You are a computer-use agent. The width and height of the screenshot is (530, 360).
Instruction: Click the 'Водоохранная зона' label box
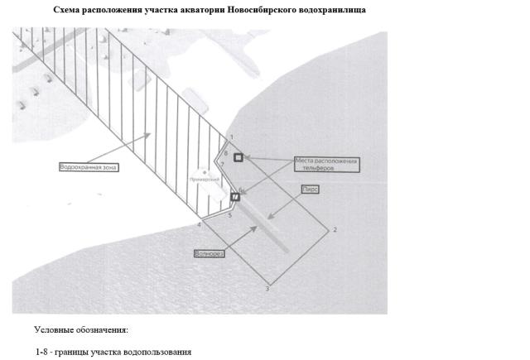tap(89, 167)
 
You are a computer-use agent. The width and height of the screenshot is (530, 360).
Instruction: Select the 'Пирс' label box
tap(311, 189)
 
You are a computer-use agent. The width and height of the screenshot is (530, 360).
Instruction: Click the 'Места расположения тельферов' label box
tap(328, 163)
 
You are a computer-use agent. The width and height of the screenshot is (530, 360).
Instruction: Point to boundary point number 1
tap(231, 137)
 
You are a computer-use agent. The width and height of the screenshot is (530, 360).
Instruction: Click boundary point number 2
tap(334, 228)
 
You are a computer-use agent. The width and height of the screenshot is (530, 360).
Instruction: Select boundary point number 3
tap(267, 288)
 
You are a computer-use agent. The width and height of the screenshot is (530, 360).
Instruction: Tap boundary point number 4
tap(200, 224)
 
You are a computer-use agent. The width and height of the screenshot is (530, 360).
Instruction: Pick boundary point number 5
tap(229, 215)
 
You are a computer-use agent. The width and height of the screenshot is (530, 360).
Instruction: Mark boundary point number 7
tap(223, 165)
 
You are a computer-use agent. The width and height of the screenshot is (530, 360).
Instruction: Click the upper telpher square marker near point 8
tap(238, 157)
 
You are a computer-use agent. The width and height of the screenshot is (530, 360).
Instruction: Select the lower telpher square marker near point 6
tap(234, 197)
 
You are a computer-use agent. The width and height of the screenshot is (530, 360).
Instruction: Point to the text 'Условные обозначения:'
tap(81, 330)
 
